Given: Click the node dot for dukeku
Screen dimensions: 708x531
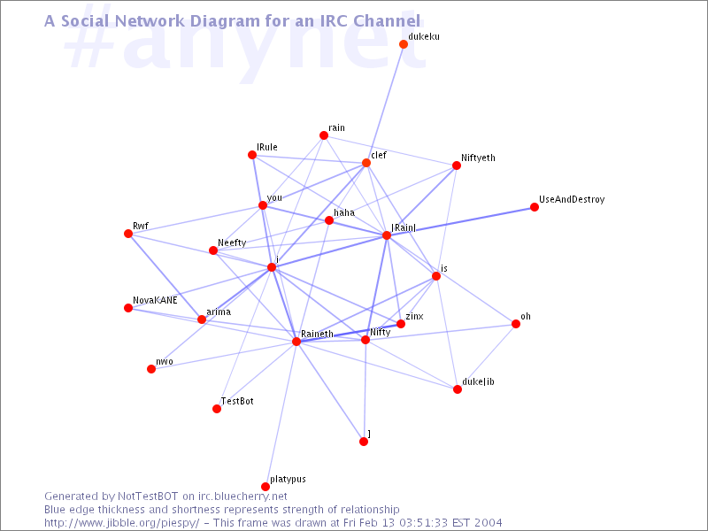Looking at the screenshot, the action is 404,44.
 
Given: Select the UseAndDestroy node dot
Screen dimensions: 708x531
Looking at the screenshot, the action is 535,207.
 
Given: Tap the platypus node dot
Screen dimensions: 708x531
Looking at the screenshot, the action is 265,487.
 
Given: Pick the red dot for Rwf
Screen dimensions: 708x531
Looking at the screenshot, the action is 128,234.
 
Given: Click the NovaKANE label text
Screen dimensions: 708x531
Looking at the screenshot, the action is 155,300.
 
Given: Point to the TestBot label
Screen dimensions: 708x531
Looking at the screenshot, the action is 237,401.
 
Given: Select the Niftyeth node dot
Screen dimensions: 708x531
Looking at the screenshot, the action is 457,165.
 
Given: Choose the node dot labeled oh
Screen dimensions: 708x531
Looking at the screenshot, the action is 516,324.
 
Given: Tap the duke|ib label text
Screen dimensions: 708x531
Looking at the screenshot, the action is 478,382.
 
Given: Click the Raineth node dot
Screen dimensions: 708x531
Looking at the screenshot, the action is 296,342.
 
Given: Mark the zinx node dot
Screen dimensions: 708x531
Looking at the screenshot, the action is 401,324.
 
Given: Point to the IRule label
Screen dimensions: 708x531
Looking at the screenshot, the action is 267,147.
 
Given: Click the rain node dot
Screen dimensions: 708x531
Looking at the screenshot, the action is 324,135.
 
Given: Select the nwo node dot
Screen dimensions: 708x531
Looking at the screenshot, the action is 151,369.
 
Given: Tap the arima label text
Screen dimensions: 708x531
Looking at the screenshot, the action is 219,312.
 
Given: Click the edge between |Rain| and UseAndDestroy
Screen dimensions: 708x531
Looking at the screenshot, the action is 460,221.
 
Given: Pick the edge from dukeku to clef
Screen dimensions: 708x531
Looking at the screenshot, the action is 385,104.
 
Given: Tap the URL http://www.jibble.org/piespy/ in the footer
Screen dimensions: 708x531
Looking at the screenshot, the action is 121,523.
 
